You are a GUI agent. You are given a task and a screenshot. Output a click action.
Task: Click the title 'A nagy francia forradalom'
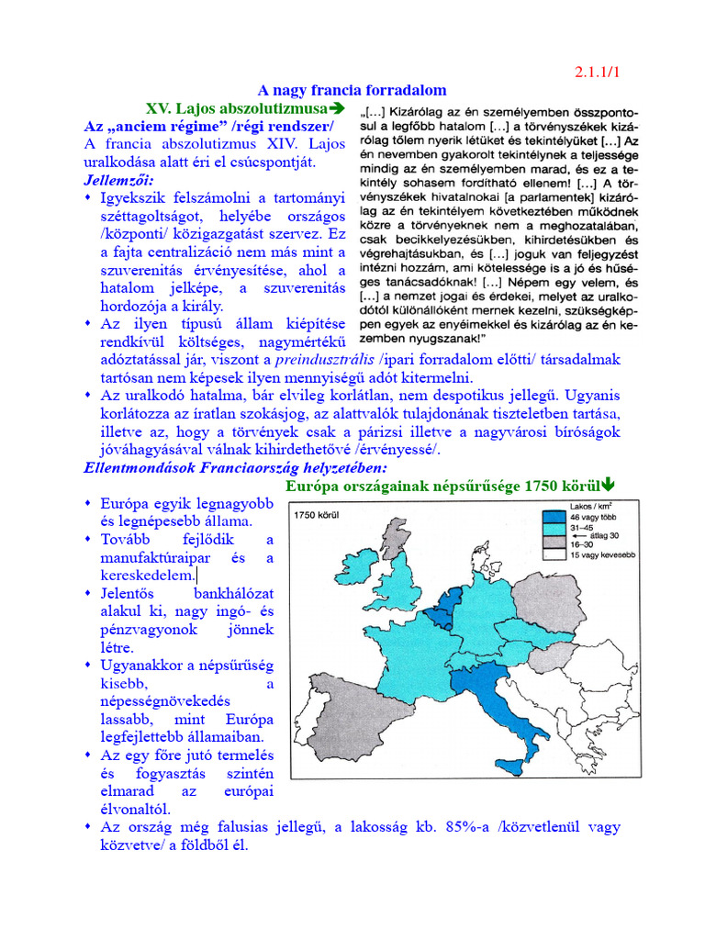tap(352, 90)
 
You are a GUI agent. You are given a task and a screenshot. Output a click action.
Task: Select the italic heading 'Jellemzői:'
tap(119, 179)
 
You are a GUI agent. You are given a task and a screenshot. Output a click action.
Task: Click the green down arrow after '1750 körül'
tap(609, 486)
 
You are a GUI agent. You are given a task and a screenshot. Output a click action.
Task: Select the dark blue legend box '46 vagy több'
tap(554, 518)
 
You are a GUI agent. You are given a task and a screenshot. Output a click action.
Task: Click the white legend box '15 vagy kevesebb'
tap(554, 554)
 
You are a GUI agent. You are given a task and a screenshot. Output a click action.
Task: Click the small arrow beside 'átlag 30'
tap(579, 535)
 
